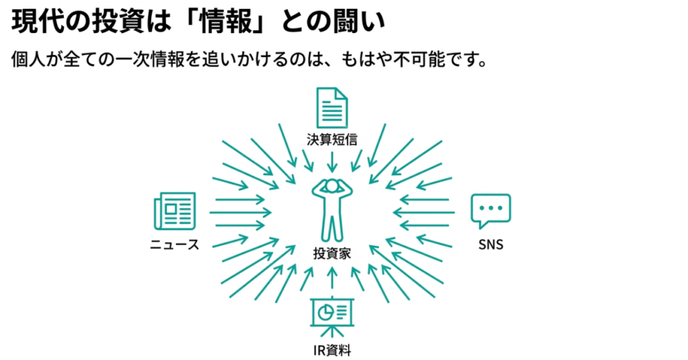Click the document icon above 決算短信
click(x=332, y=107)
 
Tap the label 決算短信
click(x=332, y=139)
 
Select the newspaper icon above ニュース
click(x=174, y=211)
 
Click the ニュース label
click(x=175, y=244)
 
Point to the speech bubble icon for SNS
click(x=490, y=211)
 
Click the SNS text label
click(x=490, y=244)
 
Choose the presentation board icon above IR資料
click(x=332, y=314)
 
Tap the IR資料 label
click(x=332, y=349)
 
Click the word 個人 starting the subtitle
click(x=26, y=59)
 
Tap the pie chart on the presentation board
click(x=325, y=312)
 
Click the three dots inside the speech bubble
click(x=490, y=208)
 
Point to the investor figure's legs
click(x=332, y=227)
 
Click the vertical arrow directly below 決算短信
click(x=332, y=161)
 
